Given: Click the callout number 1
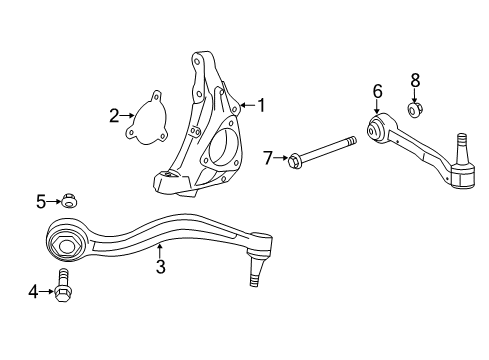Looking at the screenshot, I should pyautogui.click(x=261, y=104).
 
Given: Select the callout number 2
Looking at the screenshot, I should pyautogui.click(x=114, y=115).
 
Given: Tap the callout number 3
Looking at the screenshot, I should pyautogui.click(x=160, y=267).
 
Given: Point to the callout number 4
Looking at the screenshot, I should pyautogui.click(x=33, y=292).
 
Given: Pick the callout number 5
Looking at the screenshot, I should pyautogui.click(x=41, y=202).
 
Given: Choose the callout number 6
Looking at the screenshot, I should pyautogui.click(x=378, y=91).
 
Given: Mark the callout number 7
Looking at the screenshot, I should pyautogui.click(x=267, y=157).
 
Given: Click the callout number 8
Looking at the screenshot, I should pyautogui.click(x=415, y=78).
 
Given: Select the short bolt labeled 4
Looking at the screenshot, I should pyautogui.click(x=65, y=288).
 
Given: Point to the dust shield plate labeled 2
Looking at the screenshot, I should pyautogui.click(x=148, y=118).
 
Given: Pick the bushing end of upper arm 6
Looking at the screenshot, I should pyautogui.click(x=378, y=130).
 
